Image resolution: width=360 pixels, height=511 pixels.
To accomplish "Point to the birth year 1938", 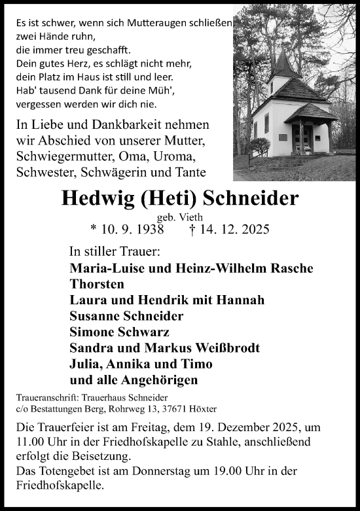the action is click(140, 229).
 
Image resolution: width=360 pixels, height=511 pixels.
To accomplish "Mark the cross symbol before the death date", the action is click(191, 229).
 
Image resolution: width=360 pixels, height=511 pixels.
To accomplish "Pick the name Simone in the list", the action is click(92, 332).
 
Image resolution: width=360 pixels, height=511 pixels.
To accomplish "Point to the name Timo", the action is click(198, 363).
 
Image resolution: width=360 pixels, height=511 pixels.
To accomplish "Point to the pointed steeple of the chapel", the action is click(284, 65).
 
